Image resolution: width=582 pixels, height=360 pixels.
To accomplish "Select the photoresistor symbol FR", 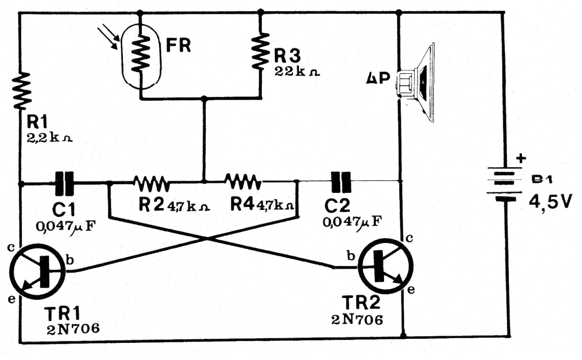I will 141,55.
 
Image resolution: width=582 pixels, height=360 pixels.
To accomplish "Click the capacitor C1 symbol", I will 64,183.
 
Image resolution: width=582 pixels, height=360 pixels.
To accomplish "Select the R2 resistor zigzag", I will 151,182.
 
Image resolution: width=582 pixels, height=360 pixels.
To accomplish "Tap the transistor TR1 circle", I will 37,272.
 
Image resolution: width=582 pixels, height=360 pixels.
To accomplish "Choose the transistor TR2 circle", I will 384,267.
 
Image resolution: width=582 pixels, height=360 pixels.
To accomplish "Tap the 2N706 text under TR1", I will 72,330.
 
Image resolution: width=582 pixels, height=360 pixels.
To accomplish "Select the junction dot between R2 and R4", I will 204,182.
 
